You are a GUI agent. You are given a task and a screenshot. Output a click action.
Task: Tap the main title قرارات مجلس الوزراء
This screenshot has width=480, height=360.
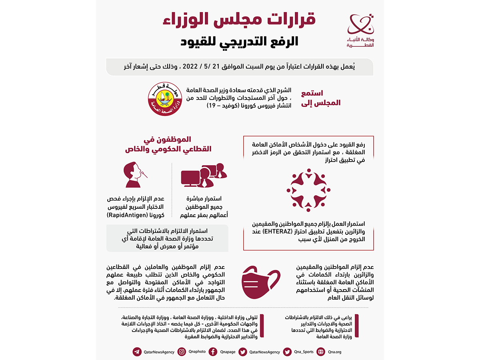point(239,20)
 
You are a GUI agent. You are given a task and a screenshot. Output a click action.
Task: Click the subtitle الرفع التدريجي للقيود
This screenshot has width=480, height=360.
point(239,42)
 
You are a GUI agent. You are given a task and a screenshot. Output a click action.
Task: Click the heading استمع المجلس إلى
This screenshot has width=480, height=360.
point(325,98)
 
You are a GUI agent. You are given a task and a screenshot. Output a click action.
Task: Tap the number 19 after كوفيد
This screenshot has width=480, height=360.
point(211,106)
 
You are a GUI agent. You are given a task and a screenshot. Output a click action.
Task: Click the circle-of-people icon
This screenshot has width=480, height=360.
point(308,190)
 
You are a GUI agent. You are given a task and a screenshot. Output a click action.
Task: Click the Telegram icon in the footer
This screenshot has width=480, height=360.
point(137,352)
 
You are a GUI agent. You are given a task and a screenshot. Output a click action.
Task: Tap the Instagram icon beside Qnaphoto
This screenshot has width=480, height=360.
point(182,352)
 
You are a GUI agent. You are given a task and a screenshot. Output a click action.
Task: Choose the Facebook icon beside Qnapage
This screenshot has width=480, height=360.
point(213,352)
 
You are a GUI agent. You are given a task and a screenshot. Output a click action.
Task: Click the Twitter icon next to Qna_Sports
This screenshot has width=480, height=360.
point(287,352)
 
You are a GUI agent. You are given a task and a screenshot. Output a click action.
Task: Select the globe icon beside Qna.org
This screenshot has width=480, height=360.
point(320,352)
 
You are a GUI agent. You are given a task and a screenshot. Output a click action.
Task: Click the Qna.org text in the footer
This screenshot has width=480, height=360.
point(334,352)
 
